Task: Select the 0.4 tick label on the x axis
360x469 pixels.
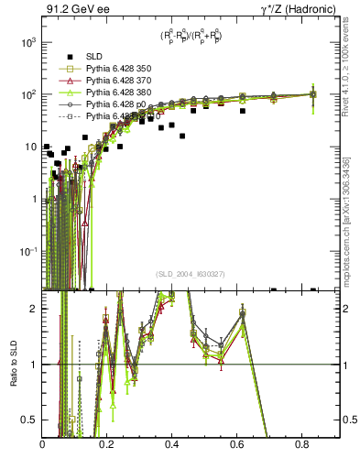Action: click(172, 445)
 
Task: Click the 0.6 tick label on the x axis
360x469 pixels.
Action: click(237, 445)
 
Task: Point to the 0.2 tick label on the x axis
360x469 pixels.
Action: click(107, 445)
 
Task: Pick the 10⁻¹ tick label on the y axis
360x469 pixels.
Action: click(27, 251)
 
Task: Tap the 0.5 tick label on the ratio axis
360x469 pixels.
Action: click(30, 420)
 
